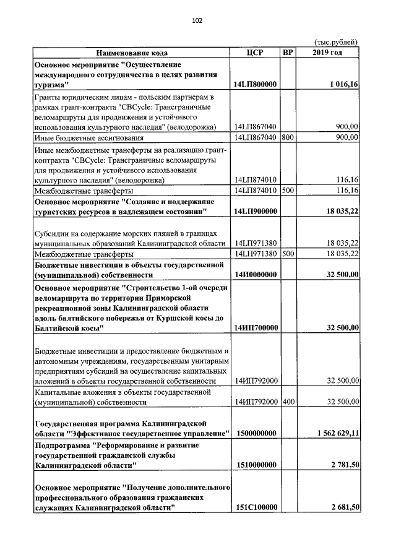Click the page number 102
[197, 20]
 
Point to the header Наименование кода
[131, 53]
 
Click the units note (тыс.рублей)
[336, 42]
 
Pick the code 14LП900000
[255, 212]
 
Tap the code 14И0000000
[255, 275]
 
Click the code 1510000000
[255, 464]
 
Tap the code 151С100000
[255, 507]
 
